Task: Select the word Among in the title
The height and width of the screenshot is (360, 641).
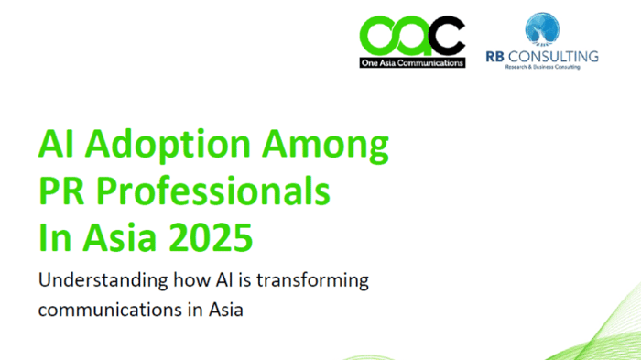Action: [x=331, y=146]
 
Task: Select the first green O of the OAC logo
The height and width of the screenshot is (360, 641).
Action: [x=378, y=38]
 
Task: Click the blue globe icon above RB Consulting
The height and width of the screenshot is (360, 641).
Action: [x=542, y=27]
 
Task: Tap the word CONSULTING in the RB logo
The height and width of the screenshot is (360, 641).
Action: [x=557, y=56]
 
